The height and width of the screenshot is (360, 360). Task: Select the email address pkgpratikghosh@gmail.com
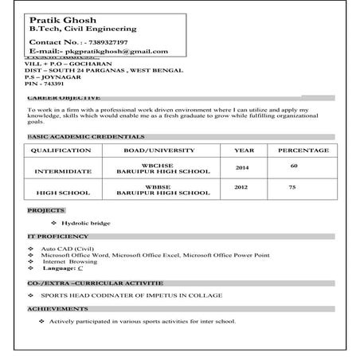point(120,52)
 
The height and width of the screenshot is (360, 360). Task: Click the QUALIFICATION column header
point(64,150)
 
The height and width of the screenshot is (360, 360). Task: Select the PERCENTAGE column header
point(303,150)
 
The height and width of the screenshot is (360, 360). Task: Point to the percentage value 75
point(292,187)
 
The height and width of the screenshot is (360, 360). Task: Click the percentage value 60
point(294,166)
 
